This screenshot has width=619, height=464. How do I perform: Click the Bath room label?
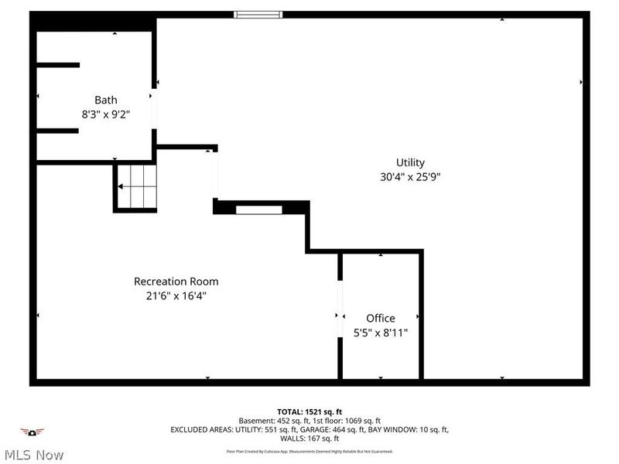pos(106,100)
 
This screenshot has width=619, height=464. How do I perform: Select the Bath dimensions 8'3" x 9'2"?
pos(106,114)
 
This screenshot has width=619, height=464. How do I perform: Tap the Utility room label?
pos(410,162)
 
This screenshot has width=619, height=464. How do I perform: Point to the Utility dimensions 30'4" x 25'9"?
pos(410,176)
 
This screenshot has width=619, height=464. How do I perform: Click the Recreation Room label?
pos(176,281)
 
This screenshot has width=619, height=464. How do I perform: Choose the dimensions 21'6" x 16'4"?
pos(176,295)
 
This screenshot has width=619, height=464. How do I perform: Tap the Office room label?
pos(380,318)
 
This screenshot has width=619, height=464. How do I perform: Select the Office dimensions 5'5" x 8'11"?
pos(380,333)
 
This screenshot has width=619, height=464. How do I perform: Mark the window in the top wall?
pos(258,14)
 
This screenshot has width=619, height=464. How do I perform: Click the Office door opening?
pos(340,309)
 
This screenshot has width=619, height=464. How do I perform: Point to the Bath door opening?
pos(154,109)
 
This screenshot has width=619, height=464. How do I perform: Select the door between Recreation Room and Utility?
pos(215,174)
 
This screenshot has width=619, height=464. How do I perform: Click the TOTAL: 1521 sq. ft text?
pos(309,411)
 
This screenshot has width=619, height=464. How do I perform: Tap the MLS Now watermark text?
pos(32,455)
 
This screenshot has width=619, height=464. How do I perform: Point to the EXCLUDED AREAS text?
pos(309,429)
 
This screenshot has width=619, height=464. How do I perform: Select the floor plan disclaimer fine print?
pos(309,451)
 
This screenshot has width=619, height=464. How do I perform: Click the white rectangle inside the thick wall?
pos(258,209)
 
